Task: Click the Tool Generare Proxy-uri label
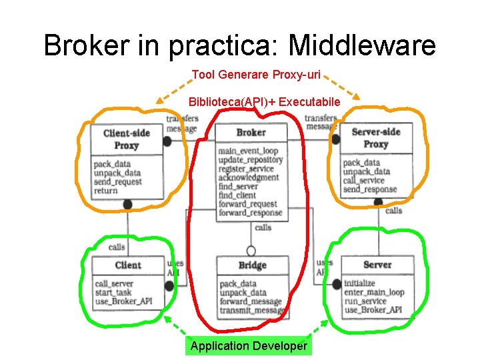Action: (x=257, y=75)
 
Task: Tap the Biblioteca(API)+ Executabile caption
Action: (x=265, y=102)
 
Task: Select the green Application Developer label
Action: (x=249, y=345)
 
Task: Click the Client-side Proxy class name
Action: (x=127, y=139)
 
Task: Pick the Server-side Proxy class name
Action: (x=376, y=139)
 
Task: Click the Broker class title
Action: (x=251, y=133)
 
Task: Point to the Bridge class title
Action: (x=252, y=265)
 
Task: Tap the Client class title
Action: (x=128, y=265)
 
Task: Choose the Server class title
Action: (x=377, y=265)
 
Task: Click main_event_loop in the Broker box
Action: (x=248, y=151)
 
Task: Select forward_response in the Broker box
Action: (x=251, y=213)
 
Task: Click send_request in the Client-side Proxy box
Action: (x=118, y=182)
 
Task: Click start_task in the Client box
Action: (x=114, y=293)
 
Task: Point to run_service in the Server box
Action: (x=365, y=301)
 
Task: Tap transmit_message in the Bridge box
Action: (x=252, y=311)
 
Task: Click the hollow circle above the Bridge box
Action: (x=251, y=251)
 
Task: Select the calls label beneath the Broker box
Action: (x=263, y=227)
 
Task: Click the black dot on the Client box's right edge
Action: (x=169, y=286)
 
